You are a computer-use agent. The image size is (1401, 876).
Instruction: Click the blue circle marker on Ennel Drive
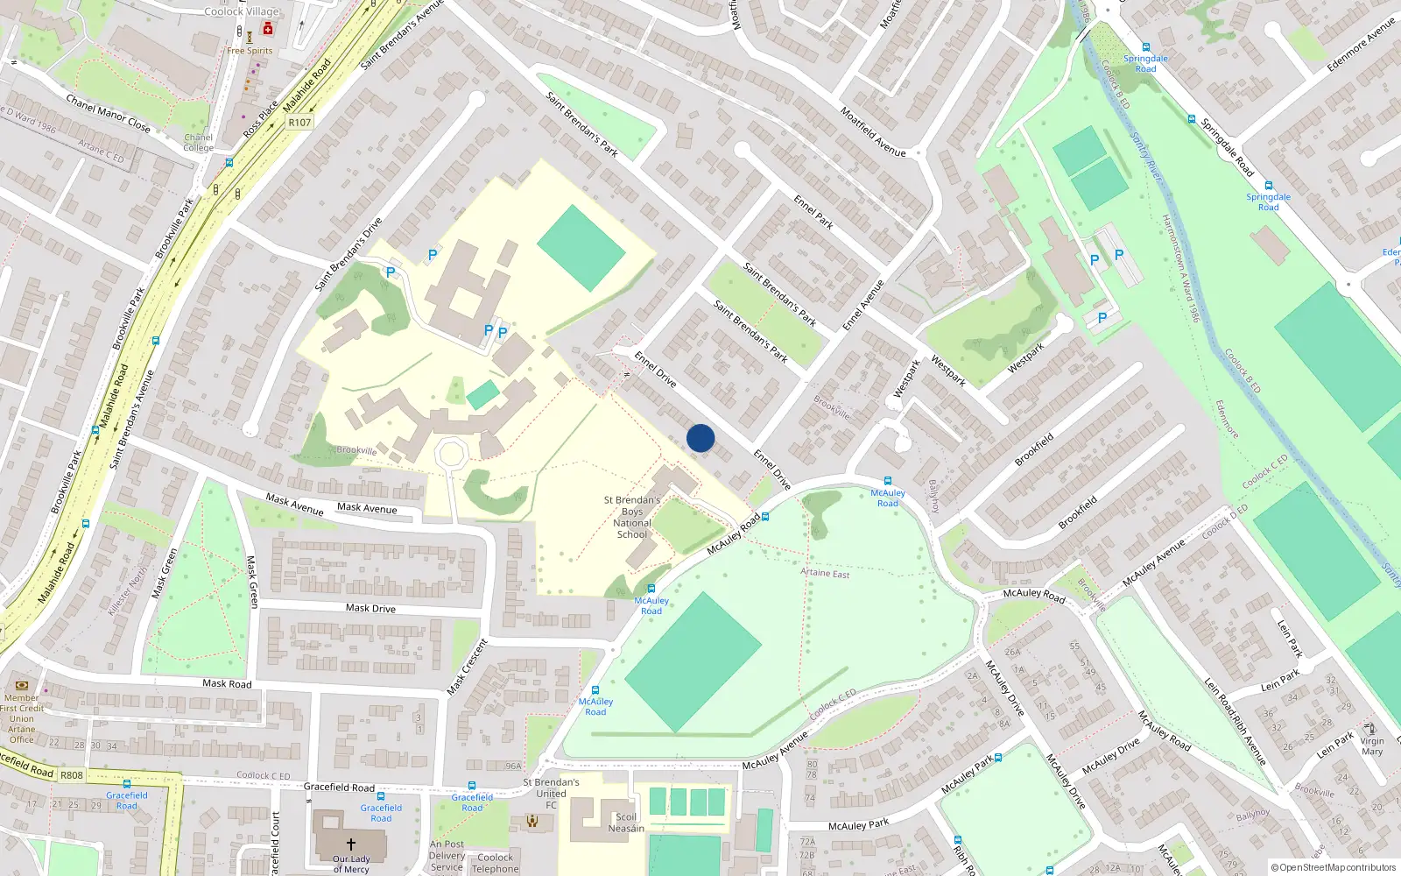700,438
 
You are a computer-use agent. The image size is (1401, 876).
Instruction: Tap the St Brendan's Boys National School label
632,517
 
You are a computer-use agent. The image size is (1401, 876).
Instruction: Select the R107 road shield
299,123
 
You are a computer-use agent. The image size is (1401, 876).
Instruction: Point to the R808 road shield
72,775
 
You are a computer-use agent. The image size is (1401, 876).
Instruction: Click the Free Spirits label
250,51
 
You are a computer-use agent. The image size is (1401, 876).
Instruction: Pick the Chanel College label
199,143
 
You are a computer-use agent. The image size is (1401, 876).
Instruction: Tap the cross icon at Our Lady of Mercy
351,844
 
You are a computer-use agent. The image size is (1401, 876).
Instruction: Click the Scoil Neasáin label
626,823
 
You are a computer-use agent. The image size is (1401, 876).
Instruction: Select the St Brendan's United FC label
551,794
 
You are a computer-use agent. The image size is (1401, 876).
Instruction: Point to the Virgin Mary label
1372,746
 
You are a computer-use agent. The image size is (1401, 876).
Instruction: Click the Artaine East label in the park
825,573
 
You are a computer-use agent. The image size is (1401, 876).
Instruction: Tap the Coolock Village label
242,11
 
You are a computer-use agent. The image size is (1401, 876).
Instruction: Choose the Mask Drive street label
370,608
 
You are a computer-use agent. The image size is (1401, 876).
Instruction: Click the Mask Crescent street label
467,668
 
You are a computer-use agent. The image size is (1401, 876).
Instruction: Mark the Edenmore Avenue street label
1361,44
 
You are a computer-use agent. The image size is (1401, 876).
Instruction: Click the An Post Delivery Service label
447,856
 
